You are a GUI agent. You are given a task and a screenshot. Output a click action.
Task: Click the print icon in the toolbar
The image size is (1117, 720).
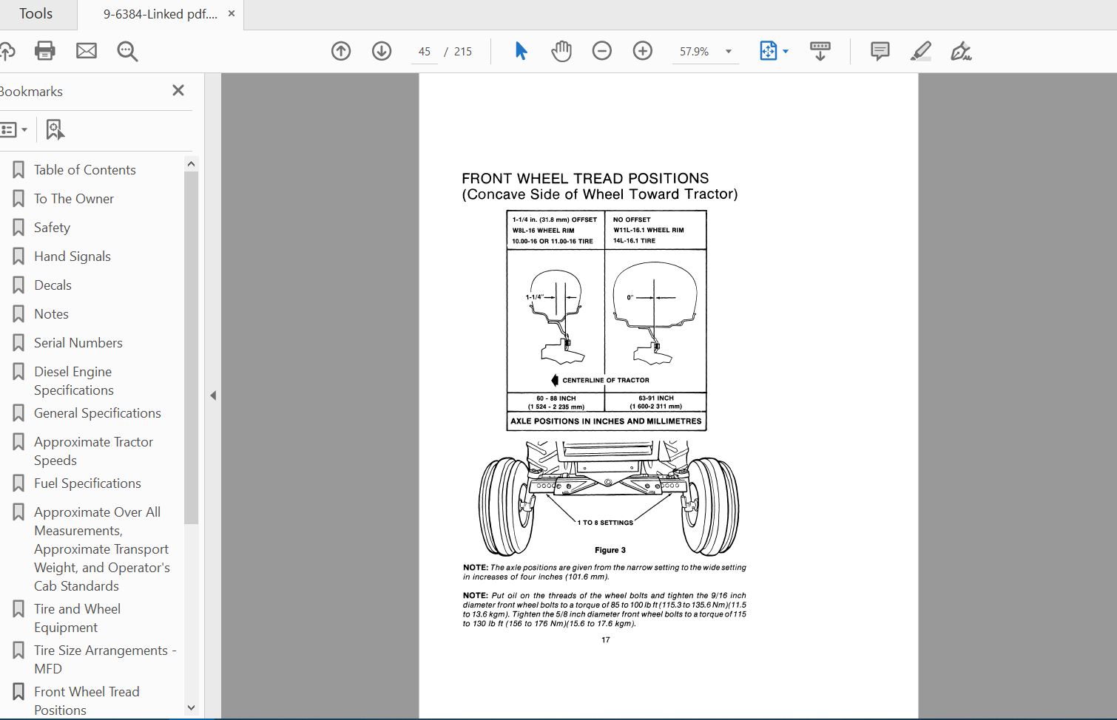pyautogui.click(x=45, y=51)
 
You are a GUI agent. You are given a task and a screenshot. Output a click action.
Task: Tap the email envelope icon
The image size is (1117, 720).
pyautogui.click(x=87, y=51)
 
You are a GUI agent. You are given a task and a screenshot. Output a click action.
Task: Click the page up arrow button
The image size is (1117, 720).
pyautogui.click(x=341, y=51)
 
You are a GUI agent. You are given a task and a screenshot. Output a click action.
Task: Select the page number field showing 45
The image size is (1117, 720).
pyautogui.click(x=425, y=52)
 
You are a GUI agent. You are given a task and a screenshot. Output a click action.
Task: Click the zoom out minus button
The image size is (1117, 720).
pyautogui.click(x=602, y=51)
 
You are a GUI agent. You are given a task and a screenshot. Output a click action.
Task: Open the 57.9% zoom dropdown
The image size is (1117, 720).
pyautogui.click(x=729, y=52)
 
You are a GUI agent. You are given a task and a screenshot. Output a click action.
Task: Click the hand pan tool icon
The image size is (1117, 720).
pyautogui.click(x=561, y=51)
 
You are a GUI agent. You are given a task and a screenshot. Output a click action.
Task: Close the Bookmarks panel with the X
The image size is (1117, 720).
pyautogui.click(x=178, y=90)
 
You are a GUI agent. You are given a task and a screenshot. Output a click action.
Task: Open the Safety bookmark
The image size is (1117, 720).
pyautogui.click(x=52, y=228)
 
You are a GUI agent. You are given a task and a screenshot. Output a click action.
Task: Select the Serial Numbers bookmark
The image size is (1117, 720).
pyautogui.click(x=78, y=343)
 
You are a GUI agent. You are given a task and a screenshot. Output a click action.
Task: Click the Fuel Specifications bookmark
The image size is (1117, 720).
pyautogui.click(x=87, y=483)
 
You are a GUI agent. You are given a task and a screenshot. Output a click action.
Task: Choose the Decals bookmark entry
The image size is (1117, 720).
pyautogui.click(x=53, y=285)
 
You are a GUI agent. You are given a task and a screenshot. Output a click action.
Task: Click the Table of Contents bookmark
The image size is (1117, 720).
pyautogui.click(x=84, y=170)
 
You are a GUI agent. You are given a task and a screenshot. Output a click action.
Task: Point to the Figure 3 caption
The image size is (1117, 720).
pyautogui.click(x=610, y=550)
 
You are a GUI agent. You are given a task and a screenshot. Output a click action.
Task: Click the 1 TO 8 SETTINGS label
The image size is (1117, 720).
pyautogui.click(x=605, y=523)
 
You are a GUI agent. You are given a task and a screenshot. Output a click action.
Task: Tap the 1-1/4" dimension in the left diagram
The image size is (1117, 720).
pyautogui.click(x=534, y=297)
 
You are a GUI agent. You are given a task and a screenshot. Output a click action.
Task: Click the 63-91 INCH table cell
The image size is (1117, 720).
pyautogui.click(x=655, y=401)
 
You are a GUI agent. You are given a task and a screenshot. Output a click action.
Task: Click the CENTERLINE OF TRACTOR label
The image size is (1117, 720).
pyautogui.click(x=605, y=380)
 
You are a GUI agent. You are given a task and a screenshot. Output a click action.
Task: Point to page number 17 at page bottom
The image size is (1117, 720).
pyautogui.click(x=606, y=640)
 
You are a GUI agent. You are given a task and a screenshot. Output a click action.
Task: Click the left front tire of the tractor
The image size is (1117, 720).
pyautogui.click(x=505, y=506)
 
